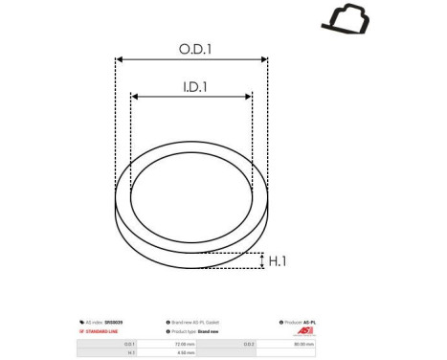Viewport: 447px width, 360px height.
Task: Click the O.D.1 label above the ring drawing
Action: coord(191,47)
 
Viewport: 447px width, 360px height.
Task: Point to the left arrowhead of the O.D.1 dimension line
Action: coord(119,58)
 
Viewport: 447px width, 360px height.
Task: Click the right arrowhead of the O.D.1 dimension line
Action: coord(265,58)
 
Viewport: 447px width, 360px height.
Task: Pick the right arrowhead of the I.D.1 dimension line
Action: coord(250,98)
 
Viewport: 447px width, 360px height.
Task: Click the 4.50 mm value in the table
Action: coord(185,353)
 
